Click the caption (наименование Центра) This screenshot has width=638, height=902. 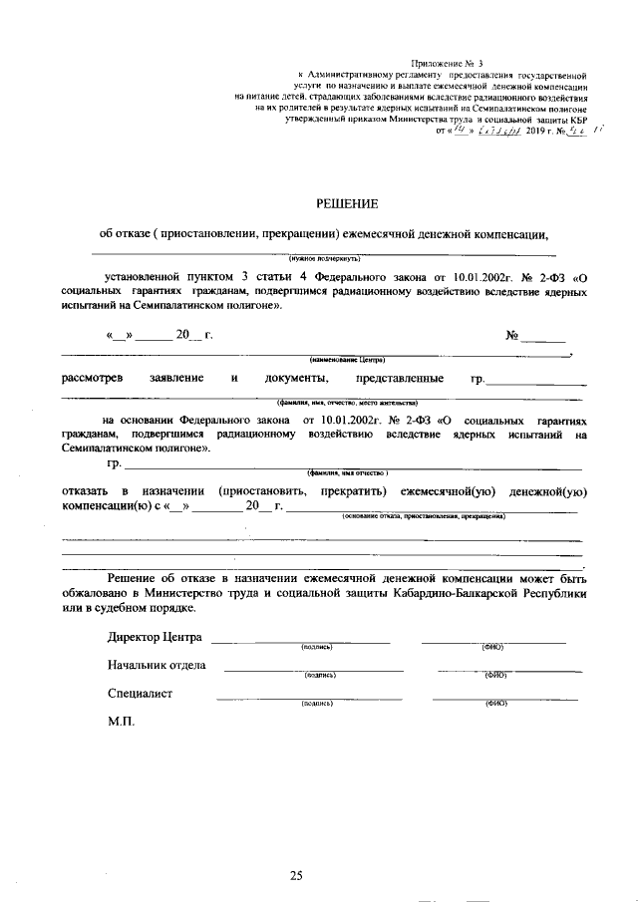(x=347, y=359)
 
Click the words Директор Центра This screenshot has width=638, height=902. (x=154, y=638)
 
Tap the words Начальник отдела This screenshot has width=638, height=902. (x=157, y=666)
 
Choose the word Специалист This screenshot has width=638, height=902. (x=141, y=694)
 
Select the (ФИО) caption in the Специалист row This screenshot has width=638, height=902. (x=496, y=704)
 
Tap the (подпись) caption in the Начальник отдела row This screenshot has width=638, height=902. (x=320, y=676)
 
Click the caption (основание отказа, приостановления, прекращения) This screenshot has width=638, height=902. (x=423, y=517)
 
